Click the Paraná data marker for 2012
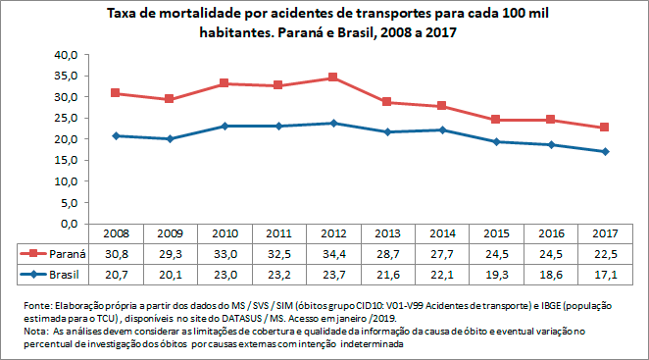click(333, 77)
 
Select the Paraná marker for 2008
click(116, 93)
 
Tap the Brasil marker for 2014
click(442, 130)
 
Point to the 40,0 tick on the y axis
click(65, 56)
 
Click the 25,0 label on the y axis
click(65, 119)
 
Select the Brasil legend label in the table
click(65, 272)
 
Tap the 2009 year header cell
click(171, 234)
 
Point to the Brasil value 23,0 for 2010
click(225, 272)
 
